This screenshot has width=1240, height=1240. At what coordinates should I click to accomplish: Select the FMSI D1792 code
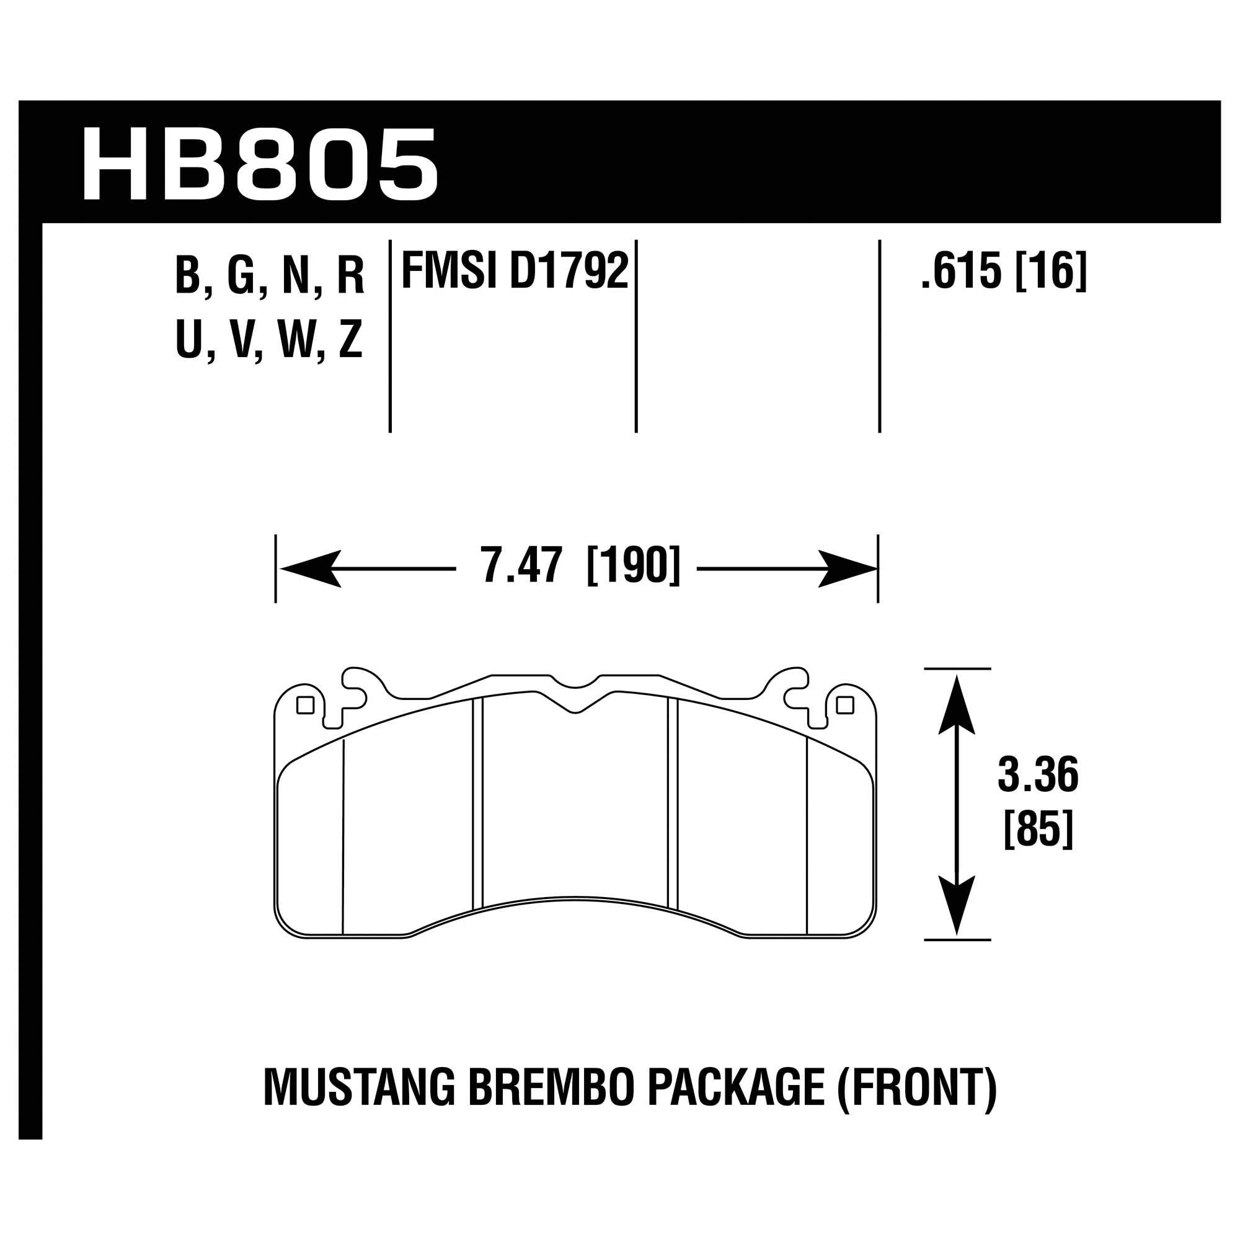pyautogui.click(x=514, y=272)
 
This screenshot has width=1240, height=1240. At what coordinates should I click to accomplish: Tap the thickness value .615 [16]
pyautogui.click(x=1004, y=272)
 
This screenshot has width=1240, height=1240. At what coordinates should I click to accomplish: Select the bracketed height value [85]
pyautogui.click(x=1038, y=831)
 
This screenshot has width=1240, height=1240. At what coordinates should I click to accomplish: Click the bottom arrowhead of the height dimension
pyautogui.click(x=956, y=905)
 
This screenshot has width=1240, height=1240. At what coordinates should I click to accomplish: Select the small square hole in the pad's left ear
pyautogui.click(x=305, y=706)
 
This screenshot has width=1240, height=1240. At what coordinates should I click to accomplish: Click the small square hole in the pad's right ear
pyautogui.click(x=845, y=706)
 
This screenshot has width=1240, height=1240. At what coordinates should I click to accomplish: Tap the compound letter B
pyautogui.click(x=188, y=276)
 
